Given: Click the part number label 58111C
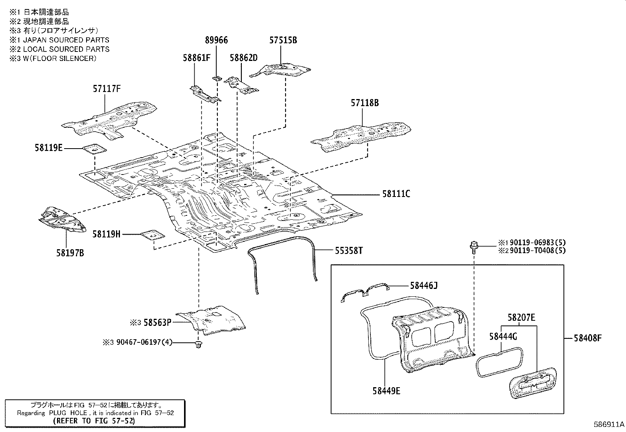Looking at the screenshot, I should point(396,194).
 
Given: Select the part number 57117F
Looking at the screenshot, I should point(107,89).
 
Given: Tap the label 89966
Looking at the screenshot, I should point(216,40).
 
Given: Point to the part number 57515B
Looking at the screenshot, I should point(283,40).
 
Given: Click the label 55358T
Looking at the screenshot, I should point(349,250).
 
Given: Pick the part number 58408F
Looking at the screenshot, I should point(588,338).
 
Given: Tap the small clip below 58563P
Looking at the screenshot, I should point(198,345).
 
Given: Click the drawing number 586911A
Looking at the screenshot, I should point(609,425).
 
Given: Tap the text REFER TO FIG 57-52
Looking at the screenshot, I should point(94,421).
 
